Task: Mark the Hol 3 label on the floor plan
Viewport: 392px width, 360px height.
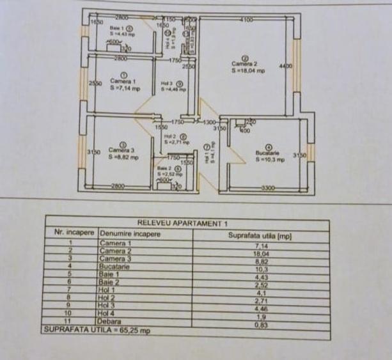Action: point(168,84)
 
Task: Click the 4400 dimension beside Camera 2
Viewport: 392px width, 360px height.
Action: point(285,66)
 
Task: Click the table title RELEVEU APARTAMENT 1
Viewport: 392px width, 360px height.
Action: point(187,223)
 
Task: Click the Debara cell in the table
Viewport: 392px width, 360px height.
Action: point(110,324)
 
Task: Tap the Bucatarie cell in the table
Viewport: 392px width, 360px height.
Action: point(115,267)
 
